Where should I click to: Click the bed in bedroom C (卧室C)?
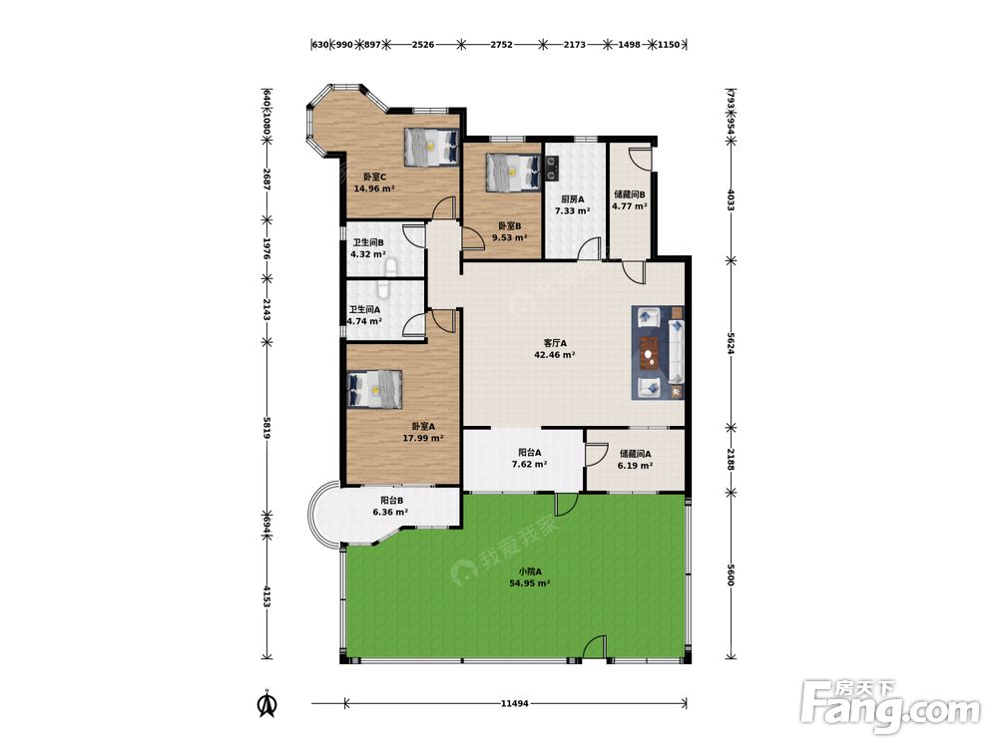click(431, 148)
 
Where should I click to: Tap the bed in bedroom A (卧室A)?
click(375, 389)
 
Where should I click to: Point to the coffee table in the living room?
click(650, 352)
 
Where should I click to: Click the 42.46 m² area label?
click(555, 355)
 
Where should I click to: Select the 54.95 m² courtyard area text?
click(530, 582)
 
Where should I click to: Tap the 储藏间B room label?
click(630, 194)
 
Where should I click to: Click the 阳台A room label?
click(530, 453)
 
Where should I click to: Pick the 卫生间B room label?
click(368, 242)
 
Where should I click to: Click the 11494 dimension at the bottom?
click(514, 703)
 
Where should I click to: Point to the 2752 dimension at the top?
click(502, 45)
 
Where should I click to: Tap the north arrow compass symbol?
click(267, 704)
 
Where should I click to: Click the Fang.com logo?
click(891, 706)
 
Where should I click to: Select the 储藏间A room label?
click(635, 454)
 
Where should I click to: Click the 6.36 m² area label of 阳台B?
click(390, 512)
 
